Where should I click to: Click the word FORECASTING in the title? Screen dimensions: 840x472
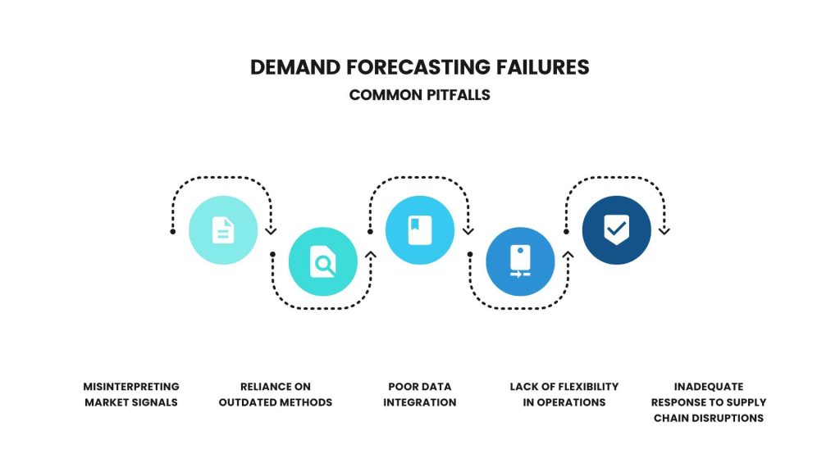click(x=418, y=67)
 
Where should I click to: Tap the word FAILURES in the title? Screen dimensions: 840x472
click(x=542, y=67)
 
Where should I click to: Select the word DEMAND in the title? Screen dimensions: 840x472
click(x=295, y=67)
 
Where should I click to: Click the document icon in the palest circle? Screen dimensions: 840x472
click(x=223, y=230)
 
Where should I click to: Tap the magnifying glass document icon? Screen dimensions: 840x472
click(x=323, y=261)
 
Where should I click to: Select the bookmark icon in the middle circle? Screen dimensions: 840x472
click(x=420, y=230)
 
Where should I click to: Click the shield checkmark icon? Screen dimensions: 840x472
click(x=617, y=229)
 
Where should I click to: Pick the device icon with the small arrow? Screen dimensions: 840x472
click(x=520, y=261)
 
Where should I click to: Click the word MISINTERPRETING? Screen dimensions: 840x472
click(x=131, y=387)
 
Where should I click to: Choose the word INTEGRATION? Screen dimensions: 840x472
click(x=420, y=402)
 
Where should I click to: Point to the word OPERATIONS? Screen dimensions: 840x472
click(x=571, y=402)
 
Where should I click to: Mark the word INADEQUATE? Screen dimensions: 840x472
click(x=709, y=387)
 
